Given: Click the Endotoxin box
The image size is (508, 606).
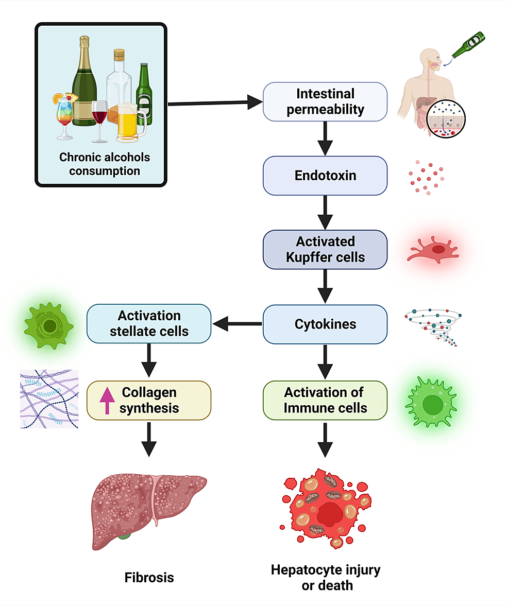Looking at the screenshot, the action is pos(325,176).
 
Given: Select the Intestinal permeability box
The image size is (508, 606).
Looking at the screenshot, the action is pos(325,101).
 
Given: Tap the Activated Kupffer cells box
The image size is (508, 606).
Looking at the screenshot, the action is pos(325,250).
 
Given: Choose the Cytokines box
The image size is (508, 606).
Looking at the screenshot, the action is pos(325,324).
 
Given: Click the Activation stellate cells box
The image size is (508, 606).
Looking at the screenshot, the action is pos(149,323).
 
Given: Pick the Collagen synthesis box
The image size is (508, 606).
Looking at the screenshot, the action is pos(149,401).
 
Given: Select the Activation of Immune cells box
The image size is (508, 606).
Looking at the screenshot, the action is pos(325,401).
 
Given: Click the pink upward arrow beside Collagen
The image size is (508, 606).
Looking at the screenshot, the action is pos(107,401).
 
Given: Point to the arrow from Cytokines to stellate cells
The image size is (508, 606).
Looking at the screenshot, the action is pos(237,324).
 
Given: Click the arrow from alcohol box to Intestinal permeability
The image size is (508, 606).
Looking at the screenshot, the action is pos(215,103).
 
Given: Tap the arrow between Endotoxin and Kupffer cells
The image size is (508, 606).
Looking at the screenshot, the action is pos(325,213).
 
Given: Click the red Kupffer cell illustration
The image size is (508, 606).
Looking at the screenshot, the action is pos(433,250).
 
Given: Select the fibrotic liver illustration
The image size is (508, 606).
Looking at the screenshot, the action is pos(149,511).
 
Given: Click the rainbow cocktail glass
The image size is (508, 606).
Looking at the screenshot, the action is pos(65,116).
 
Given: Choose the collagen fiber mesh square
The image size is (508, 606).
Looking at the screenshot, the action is pos(49,399).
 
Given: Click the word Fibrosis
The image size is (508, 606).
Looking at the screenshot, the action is pos(149,577).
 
